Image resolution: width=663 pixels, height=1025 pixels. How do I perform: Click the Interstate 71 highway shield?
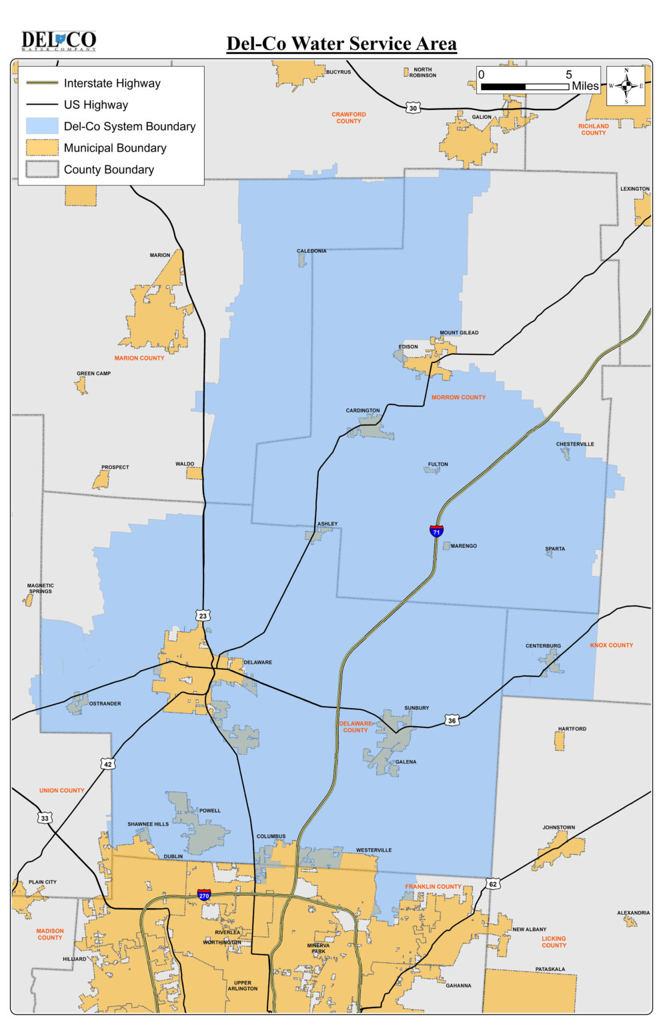tap(436, 531)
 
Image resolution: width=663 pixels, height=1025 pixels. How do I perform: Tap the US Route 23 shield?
tap(203, 615)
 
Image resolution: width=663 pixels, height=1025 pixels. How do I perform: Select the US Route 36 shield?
tap(452, 720)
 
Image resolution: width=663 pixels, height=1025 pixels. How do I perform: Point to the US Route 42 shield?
tap(107, 764)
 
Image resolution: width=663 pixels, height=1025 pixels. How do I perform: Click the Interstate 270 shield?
tap(204, 895)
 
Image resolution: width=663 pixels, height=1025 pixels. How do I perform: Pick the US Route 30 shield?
tap(413, 108)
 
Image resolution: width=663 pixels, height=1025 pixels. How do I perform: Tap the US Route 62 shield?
tap(492, 884)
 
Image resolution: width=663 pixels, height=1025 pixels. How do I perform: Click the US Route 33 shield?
tap(45, 818)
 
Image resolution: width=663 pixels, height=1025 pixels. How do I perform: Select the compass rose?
tap(626, 85)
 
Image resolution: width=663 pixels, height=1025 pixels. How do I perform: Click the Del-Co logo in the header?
tap(59, 41)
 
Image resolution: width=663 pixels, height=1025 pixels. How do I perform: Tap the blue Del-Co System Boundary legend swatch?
tap(42, 126)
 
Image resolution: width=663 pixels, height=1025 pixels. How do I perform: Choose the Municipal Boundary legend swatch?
tap(42, 147)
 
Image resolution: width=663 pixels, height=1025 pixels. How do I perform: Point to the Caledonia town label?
tap(311, 251)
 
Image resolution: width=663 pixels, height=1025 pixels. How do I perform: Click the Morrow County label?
tap(458, 397)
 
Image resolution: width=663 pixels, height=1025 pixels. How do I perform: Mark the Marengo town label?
tap(464, 546)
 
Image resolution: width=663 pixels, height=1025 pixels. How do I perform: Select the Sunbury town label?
tap(416, 707)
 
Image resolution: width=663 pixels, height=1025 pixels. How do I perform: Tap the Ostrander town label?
tap(105, 703)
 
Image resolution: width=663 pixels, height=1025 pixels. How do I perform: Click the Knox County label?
tap(611, 645)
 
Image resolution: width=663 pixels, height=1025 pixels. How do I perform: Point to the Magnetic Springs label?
tap(41, 588)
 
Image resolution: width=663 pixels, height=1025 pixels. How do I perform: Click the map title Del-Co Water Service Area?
tap(342, 44)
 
